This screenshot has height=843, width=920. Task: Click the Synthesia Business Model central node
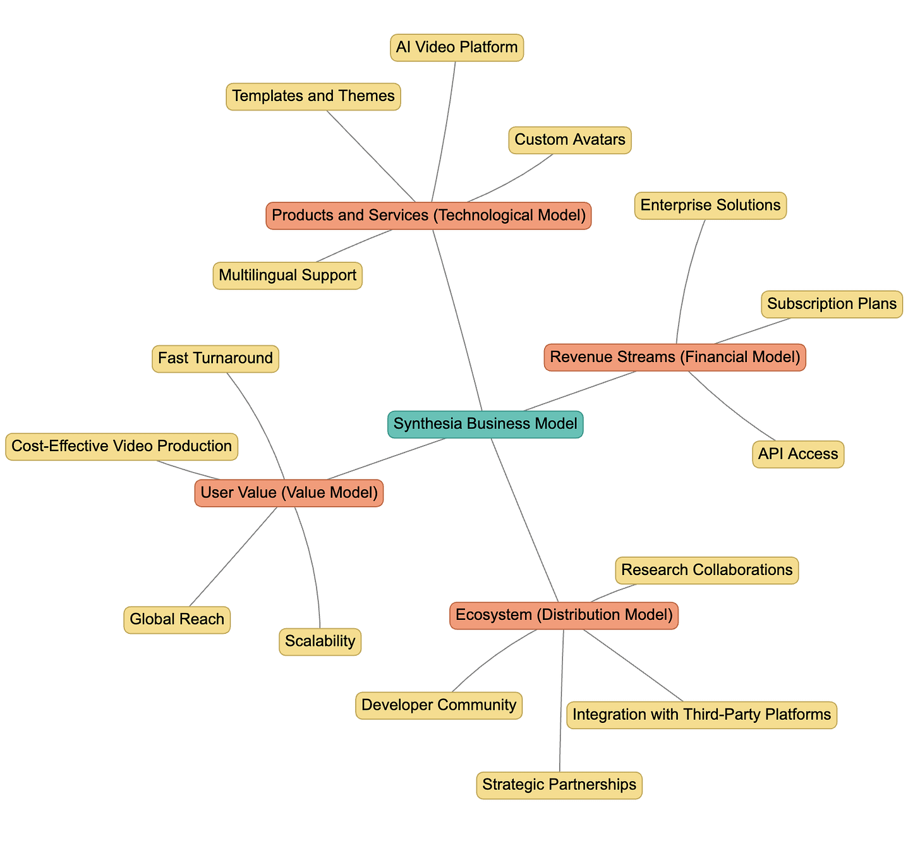point(485,424)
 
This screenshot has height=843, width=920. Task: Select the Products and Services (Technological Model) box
point(428,215)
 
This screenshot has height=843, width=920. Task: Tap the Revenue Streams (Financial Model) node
point(675,357)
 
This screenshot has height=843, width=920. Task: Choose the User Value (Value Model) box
point(289,493)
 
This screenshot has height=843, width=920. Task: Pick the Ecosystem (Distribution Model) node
point(564,615)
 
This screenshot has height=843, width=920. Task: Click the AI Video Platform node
point(457,47)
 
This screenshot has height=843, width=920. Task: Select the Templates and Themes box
point(313,96)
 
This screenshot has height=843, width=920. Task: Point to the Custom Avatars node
point(570,140)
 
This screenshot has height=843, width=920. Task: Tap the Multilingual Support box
point(287,276)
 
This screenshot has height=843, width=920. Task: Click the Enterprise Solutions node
point(710,205)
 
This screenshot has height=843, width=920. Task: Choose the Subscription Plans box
point(832,304)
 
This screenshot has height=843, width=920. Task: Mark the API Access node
point(798,454)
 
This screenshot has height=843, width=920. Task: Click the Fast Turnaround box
point(215,359)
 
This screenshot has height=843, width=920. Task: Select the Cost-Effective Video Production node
point(121,446)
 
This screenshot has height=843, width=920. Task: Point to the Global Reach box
point(177,619)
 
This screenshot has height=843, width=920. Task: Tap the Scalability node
point(320,641)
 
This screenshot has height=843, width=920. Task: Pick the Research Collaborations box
point(706,570)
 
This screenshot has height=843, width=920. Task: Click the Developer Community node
point(439,705)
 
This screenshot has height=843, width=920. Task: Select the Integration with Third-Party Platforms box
point(701,715)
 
